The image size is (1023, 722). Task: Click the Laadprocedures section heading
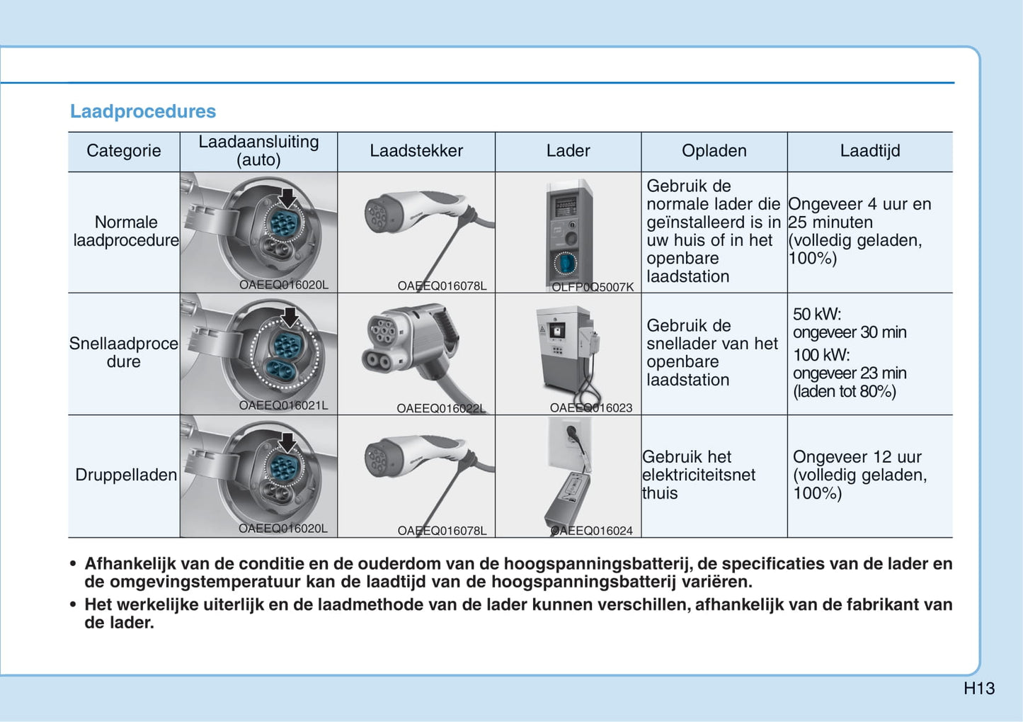(x=142, y=111)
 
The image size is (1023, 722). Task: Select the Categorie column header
(x=124, y=151)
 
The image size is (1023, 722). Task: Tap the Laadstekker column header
(x=416, y=151)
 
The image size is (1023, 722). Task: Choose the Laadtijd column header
(x=870, y=151)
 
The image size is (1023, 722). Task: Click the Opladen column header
(x=714, y=151)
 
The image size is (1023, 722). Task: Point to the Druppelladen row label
(x=126, y=475)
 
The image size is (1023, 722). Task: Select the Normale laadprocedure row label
(x=126, y=231)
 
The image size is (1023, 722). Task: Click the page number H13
(x=979, y=688)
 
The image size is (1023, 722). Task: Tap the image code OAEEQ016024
(x=592, y=531)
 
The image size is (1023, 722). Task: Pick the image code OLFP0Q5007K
(x=593, y=287)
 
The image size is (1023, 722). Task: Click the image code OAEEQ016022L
(x=441, y=408)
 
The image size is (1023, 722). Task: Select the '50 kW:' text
(x=817, y=314)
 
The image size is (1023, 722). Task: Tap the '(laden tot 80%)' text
(x=845, y=391)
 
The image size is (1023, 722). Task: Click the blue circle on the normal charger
(x=565, y=264)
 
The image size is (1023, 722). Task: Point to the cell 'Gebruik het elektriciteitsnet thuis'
(x=699, y=475)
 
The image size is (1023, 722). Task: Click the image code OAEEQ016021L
(x=283, y=406)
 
